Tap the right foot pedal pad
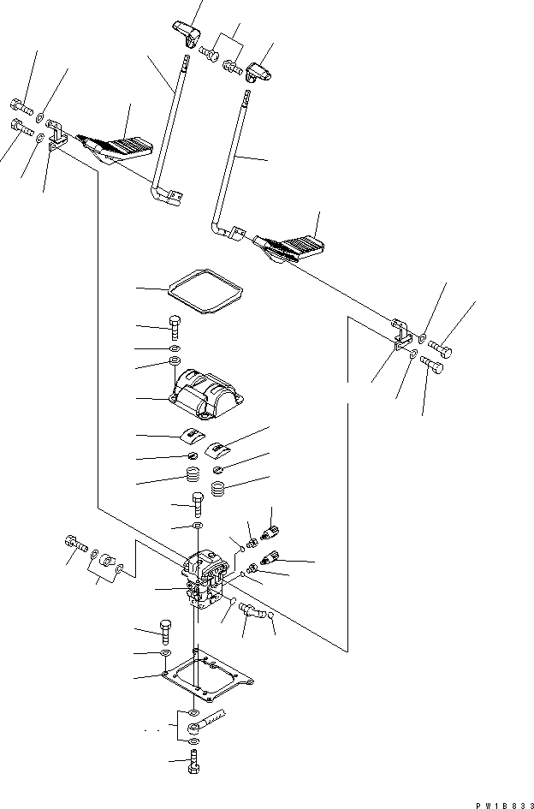[x=293, y=248]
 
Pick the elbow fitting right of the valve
[x=251, y=610]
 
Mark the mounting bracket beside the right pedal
[x=399, y=335]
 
